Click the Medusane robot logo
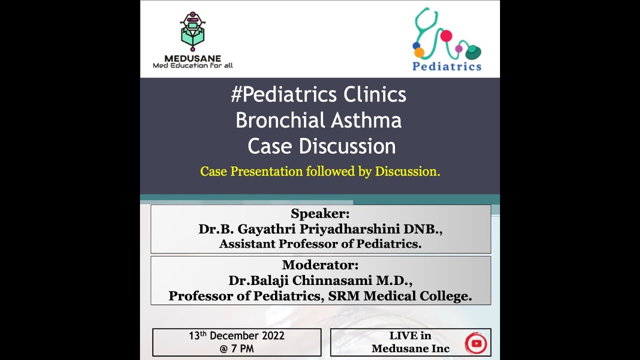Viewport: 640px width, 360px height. [192, 31]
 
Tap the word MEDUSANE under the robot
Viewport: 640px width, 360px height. [192, 58]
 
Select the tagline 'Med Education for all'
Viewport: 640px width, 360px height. [192, 65]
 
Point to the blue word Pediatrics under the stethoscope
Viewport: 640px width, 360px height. [446, 66]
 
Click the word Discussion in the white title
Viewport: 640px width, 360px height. [347, 146]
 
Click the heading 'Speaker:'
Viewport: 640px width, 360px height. [320, 214]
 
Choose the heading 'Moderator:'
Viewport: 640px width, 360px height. [320, 265]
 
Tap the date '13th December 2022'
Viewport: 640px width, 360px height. [236, 335]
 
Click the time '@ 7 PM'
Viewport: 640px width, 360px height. [236, 348]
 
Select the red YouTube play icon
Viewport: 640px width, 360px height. [475, 342]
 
